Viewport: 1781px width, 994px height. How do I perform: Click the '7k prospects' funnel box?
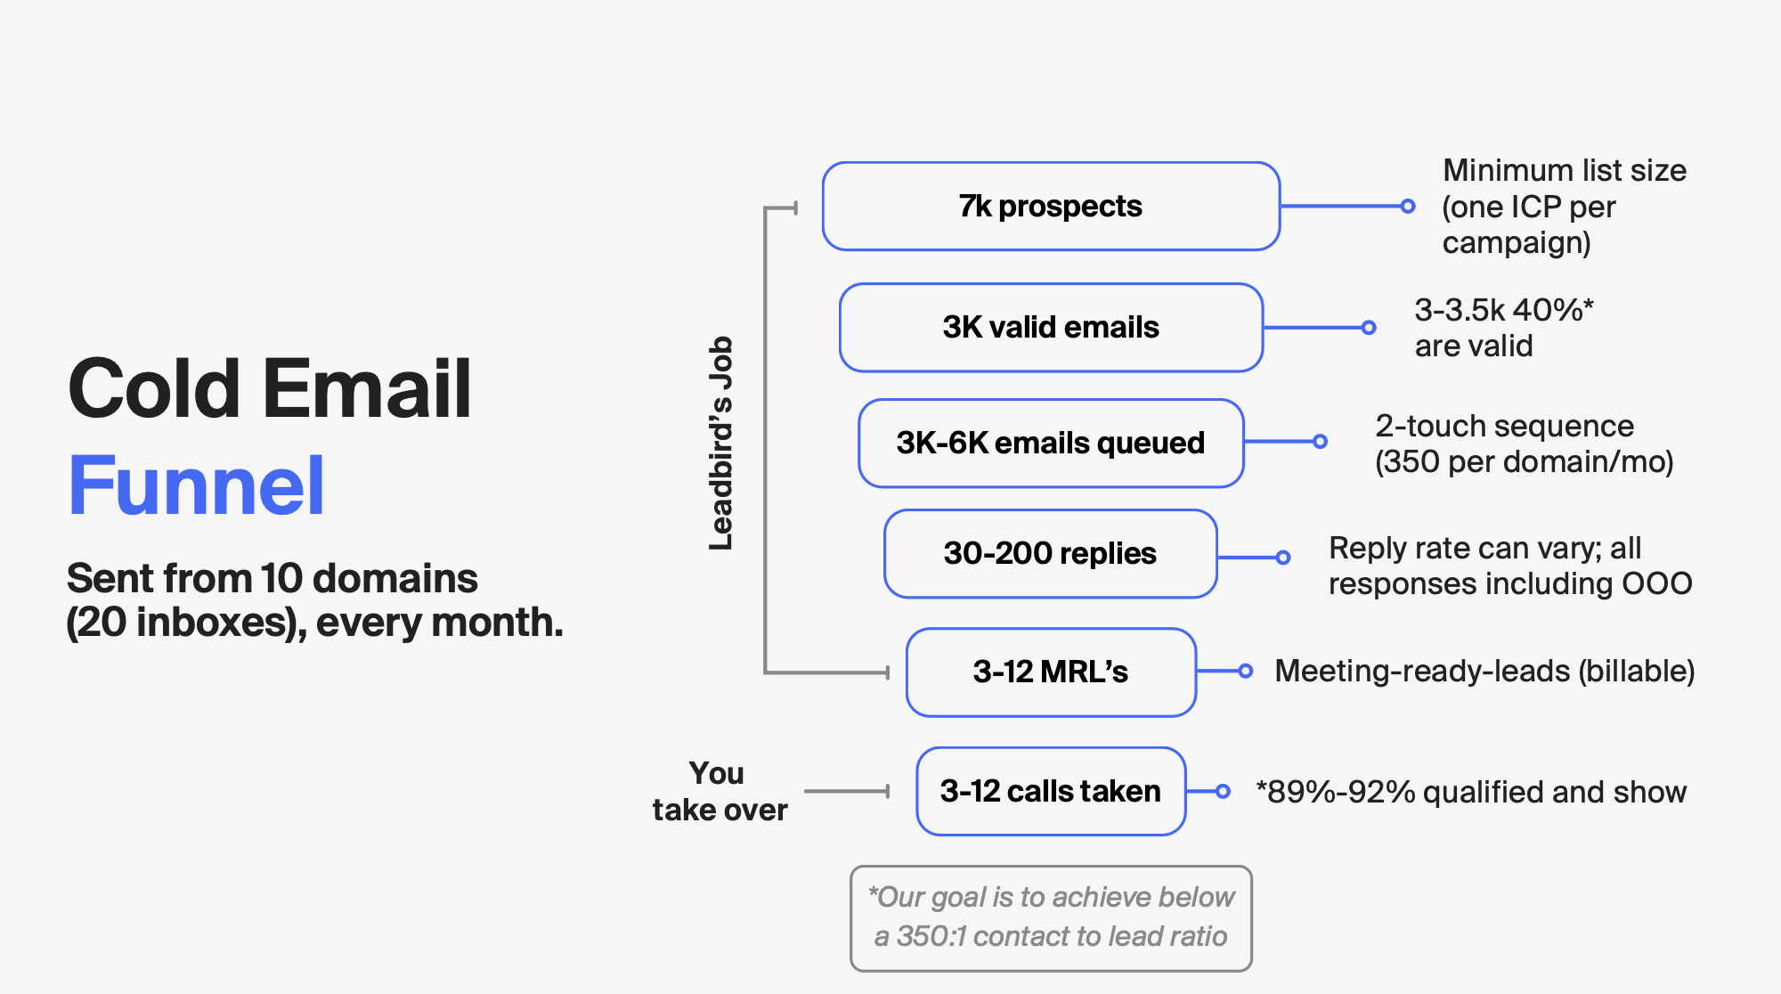pos(1051,206)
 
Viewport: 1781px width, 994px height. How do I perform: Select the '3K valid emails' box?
pos(1051,327)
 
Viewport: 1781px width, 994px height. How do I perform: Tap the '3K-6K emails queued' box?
pos(1051,443)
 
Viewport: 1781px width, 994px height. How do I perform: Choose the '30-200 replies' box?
pos(1051,553)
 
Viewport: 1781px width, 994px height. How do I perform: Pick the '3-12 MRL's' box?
pos(1051,672)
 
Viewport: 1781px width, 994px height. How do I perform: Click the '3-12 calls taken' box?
pos(1051,791)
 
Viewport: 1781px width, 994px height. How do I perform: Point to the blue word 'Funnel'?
pos(197,485)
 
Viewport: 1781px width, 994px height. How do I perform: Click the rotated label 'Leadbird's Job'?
pos(720,443)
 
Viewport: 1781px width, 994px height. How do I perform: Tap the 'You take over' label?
pos(720,791)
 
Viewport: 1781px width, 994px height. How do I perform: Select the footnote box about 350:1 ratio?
pos(1051,917)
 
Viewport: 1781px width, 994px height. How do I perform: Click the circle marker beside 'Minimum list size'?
pos(1408,206)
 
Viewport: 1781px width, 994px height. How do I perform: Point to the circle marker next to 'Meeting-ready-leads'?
pos(1246,671)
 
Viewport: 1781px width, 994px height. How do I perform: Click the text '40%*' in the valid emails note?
pos(1553,310)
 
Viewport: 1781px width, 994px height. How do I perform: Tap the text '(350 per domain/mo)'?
pos(1525,462)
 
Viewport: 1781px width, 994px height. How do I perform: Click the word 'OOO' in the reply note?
pos(1656,583)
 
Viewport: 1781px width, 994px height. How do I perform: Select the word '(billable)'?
pos(1637,671)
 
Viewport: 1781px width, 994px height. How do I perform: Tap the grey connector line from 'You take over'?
pos(847,791)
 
